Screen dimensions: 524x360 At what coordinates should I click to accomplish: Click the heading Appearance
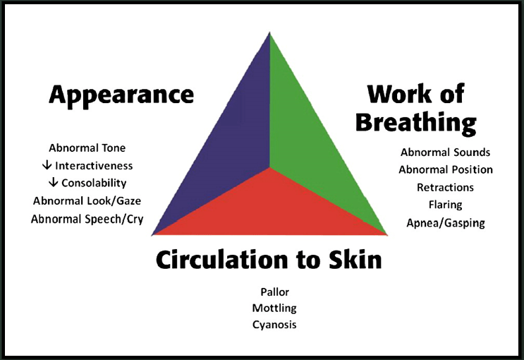(121, 95)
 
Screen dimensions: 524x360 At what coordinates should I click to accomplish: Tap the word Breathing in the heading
(416, 123)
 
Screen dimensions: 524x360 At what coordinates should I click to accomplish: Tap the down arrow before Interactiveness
(47, 165)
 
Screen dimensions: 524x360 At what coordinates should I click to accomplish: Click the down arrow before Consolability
(53, 182)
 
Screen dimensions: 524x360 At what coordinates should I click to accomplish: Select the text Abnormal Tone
(87, 148)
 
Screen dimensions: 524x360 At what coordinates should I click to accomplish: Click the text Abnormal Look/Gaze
(87, 200)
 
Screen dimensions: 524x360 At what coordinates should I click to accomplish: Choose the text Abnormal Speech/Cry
(87, 219)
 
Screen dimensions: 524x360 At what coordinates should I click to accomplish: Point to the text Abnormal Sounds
(446, 152)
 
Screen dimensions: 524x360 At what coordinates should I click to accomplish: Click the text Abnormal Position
(446, 169)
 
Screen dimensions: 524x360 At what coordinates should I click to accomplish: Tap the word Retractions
(446, 187)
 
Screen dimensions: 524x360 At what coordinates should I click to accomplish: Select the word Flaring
(446, 205)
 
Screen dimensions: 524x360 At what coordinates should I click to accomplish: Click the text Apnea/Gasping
(446, 223)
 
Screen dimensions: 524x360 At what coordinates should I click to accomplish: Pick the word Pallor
(275, 292)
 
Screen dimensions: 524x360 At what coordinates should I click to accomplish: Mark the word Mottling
(274, 308)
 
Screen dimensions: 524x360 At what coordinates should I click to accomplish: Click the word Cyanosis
(274, 325)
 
